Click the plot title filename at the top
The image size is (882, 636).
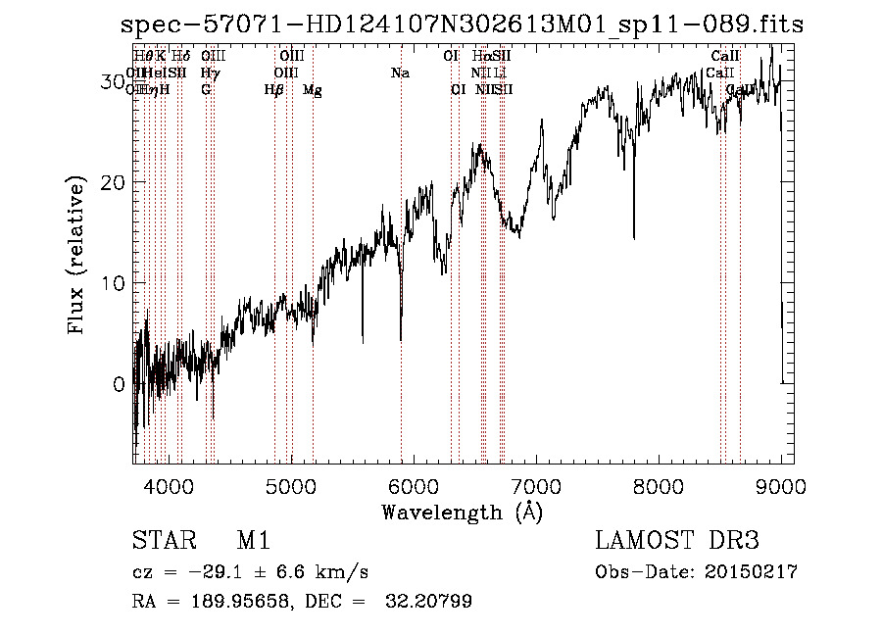462,24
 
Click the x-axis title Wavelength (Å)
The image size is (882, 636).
462,512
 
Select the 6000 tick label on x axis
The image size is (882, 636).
413,485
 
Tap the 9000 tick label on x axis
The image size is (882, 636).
781,485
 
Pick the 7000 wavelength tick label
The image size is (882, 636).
535,485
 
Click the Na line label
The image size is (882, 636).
400,73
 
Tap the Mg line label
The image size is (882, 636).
313,90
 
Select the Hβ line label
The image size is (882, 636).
274,90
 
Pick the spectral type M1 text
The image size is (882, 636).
253,541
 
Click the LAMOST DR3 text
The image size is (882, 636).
677,541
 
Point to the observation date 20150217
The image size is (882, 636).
748,572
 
